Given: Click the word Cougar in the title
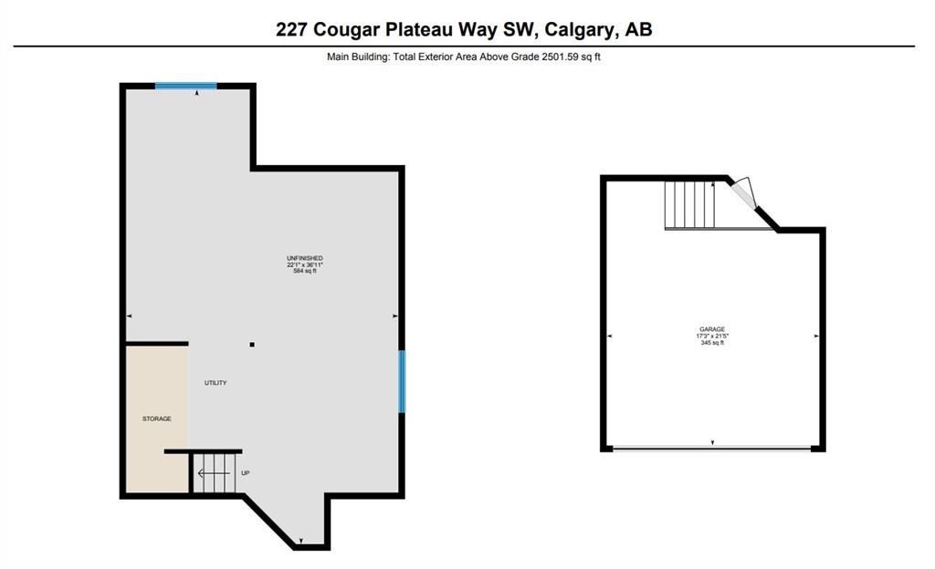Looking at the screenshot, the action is (x=346, y=29).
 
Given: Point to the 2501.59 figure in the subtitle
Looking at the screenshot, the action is (x=560, y=57).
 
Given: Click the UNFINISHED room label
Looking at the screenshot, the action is (x=305, y=258).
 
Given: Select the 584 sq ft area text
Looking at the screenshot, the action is (x=305, y=271).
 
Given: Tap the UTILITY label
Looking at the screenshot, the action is (x=215, y=383).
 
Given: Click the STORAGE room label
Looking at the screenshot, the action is (x=157, y=419).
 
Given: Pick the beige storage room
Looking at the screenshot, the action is (x=157, y=419).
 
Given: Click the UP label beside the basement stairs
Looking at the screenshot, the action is (x=245, y=473).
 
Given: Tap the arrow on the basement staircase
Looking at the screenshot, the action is (x=214, y=473).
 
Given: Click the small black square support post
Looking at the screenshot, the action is (x=252, y=345).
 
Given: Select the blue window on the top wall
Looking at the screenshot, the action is (x=186, y=86).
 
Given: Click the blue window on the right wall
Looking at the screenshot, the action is (x=402, y=381).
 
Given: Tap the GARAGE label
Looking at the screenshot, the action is (x=712, y=329).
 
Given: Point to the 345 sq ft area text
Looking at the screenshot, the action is (x=712, y=343).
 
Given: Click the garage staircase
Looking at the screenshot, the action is (x=690, y=205).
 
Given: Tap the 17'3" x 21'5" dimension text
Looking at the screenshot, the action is (x=712, y=336).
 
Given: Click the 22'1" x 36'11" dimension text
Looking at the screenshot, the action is (x=305, y=264).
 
